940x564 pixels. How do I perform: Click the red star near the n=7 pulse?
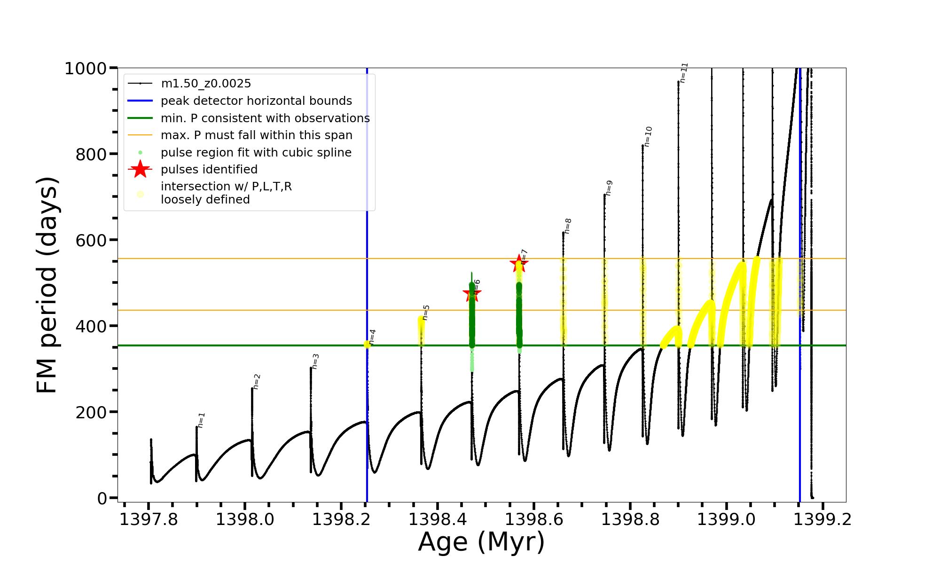click(x=519, y=263)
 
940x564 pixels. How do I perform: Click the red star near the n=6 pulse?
click(x=472, y=294)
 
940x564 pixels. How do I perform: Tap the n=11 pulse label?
click(x=684, y=72)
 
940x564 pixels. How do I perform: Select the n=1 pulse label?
click(x=201, y=420)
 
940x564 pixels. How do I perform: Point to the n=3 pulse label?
click(x=315, y=361)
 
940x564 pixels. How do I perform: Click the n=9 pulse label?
click(x=609, y=188)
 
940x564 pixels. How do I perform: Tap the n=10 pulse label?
click(x=648, y=136)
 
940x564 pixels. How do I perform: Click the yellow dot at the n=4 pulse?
click(x=367, y=345)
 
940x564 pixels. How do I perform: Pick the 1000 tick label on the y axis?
click(x=86, y=69)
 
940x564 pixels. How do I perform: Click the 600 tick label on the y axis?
click(x=91, y=240)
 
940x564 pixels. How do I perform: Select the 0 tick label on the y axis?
click(x=102, y=498)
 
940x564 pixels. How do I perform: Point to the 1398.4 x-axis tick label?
click(x=438, y=519)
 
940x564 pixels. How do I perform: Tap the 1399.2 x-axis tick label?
click(x=822, y=519)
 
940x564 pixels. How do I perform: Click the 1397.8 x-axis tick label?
click(x=149, y=519)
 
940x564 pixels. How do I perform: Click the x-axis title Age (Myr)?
click(x=481, y=542)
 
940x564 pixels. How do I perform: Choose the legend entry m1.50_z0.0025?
click(x=206, y=84)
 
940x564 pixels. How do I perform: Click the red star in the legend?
click(x=140, y=169)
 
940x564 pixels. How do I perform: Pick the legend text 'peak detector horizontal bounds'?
click(x=256, y=101)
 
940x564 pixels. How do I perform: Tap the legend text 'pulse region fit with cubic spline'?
click(x=256, y=153)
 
